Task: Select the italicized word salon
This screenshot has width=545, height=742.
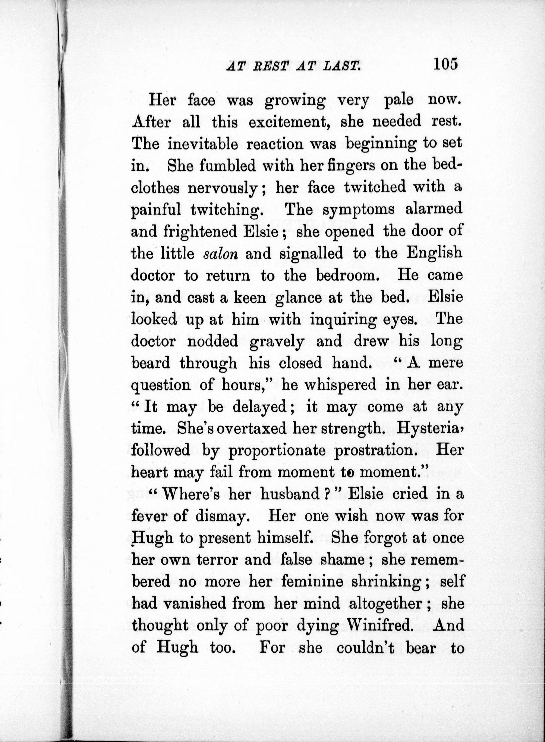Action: [220, 254]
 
